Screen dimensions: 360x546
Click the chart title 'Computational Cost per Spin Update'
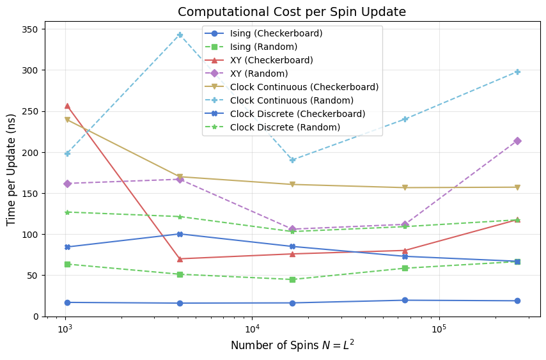292,12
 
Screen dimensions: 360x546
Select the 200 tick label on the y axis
31,152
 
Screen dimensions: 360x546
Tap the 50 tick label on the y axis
34,276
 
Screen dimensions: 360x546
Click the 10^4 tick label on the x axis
252,327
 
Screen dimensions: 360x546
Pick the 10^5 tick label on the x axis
439,327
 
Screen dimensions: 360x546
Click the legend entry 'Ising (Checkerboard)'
276,33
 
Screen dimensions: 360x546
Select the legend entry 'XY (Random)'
260,74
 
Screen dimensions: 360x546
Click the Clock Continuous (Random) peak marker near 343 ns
180,35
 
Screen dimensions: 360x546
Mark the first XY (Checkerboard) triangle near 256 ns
67,106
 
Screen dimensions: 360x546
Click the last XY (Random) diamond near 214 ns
517,141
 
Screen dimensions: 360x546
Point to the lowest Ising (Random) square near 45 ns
292,279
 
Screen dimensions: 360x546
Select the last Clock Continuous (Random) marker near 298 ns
517,72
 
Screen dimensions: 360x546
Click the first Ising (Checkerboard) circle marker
67,302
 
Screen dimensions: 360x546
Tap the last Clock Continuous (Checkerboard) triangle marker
517,187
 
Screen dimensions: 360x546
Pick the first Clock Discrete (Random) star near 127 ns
67,212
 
